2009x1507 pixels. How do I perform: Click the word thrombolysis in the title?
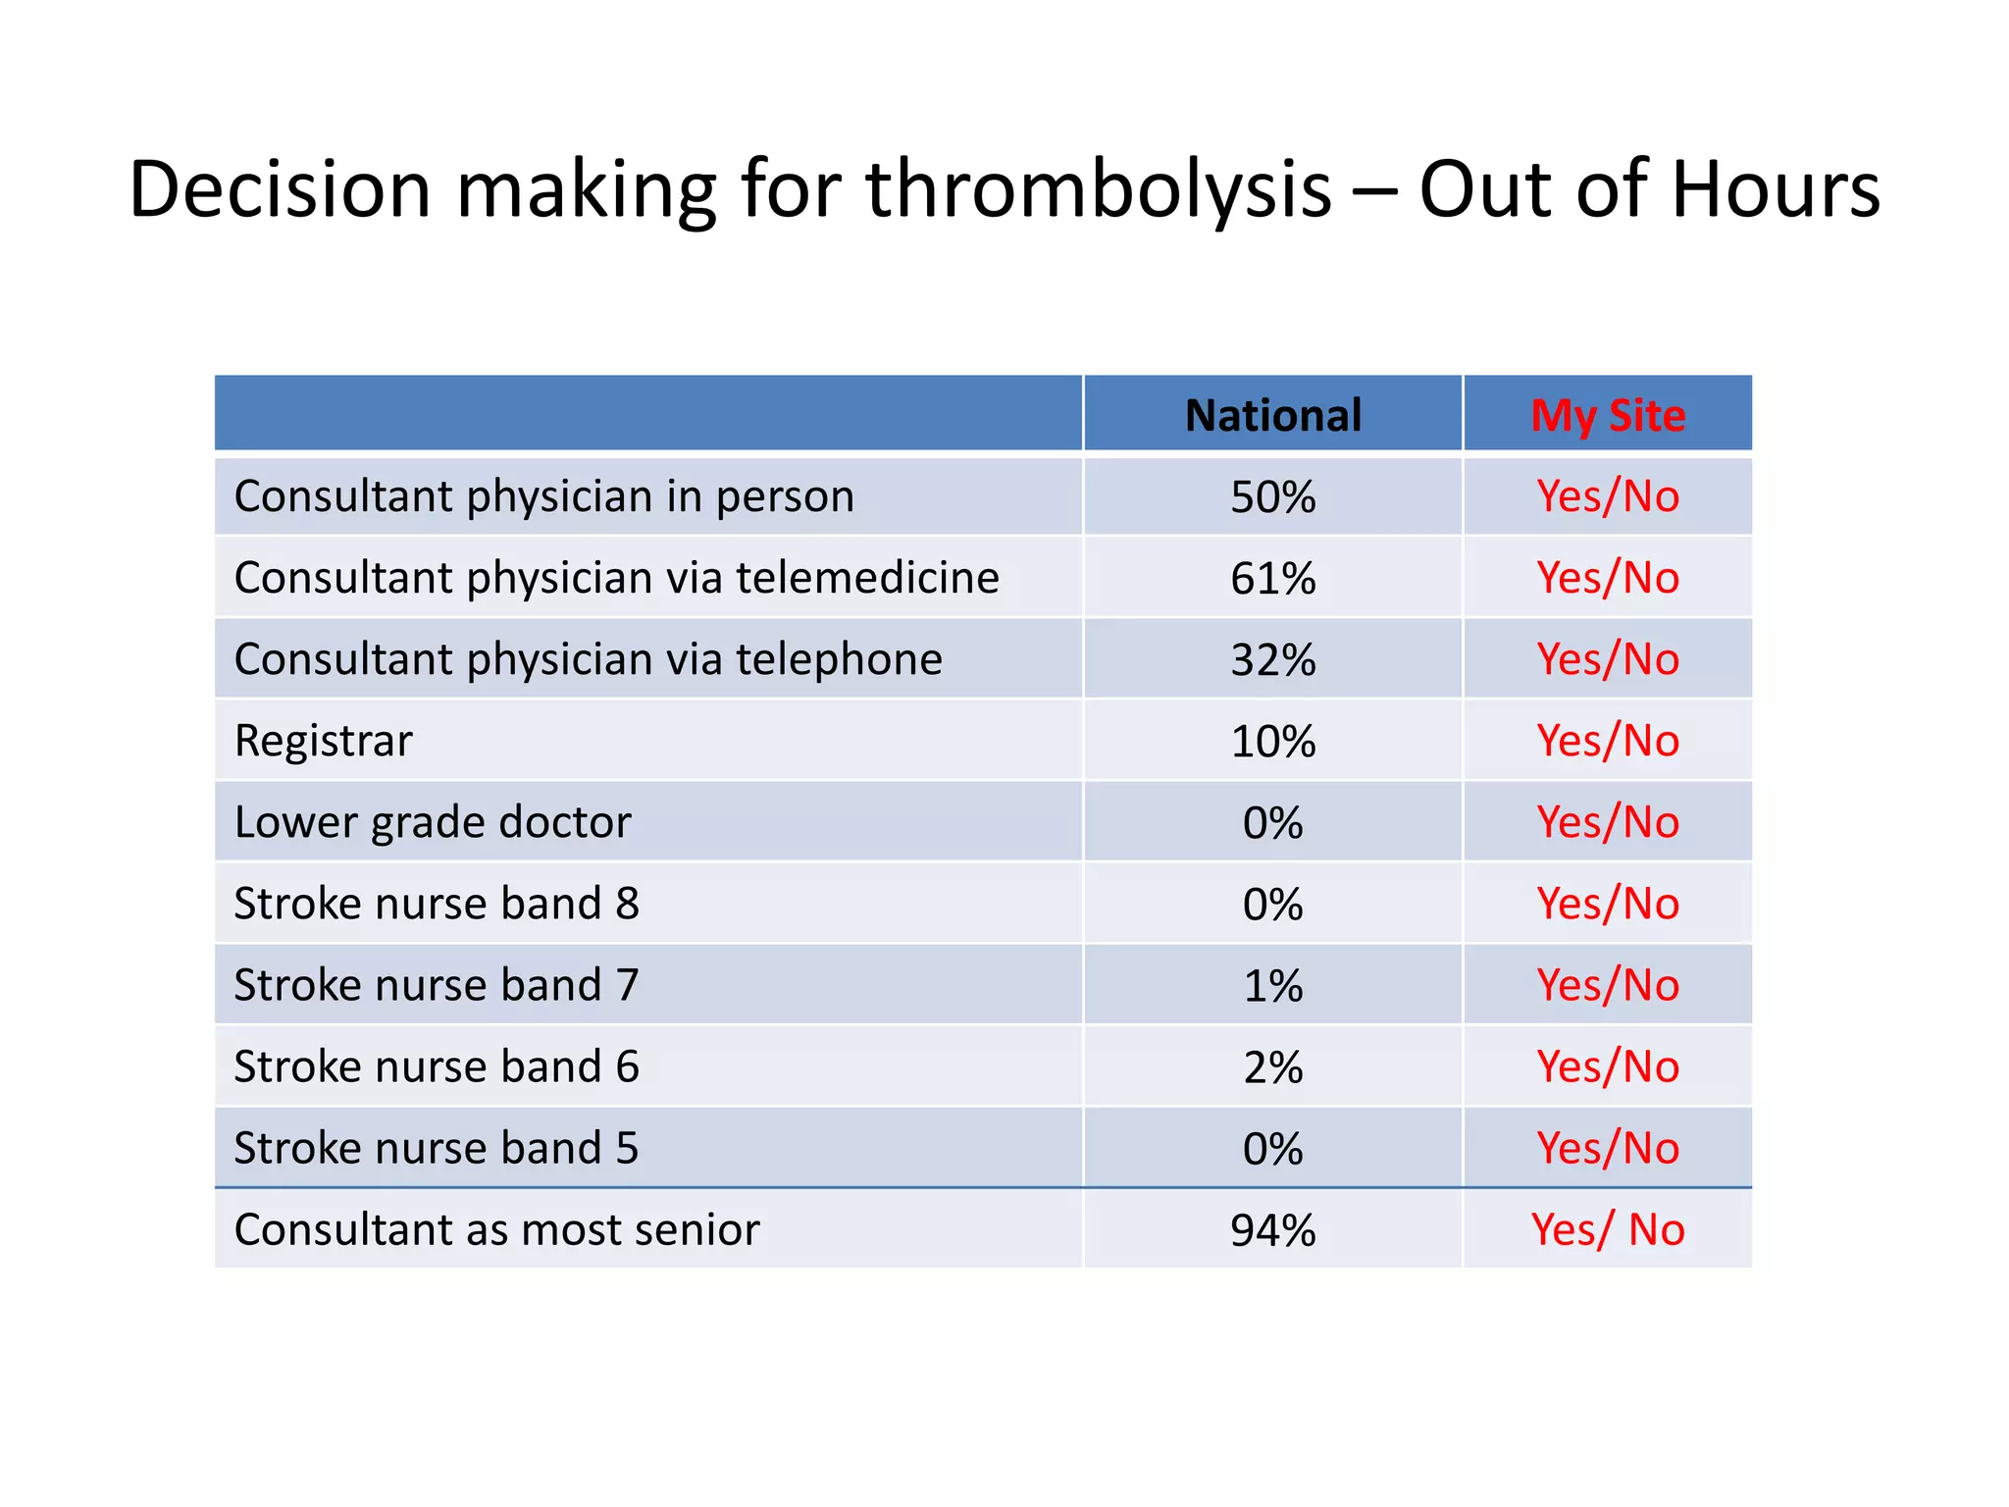click(1098, 189)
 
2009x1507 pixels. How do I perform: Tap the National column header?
click(1272, 415)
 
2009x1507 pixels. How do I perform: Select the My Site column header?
click(1607, 415)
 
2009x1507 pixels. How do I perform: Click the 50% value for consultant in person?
click(1272, 497)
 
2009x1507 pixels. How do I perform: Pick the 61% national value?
click(1272, 579)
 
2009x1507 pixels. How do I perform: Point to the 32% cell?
click(1272, 660)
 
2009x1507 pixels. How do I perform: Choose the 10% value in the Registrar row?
click(1272, 742)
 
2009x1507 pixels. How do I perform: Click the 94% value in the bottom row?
click(1272, 1230)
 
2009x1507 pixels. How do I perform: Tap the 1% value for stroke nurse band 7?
click(1272, 986)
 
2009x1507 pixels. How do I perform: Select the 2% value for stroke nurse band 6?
click(1272, 1067)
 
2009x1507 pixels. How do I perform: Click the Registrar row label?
click(323, 741)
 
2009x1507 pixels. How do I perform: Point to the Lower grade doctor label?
click(433, 822)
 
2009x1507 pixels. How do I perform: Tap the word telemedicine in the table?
click(867, 578)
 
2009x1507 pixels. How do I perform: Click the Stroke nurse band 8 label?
click(437, 904)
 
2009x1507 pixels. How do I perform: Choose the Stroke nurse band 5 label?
click(437, 1148)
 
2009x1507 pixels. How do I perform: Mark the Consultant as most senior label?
click(496, 1229)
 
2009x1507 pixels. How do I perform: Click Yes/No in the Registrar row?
click(1607, 741)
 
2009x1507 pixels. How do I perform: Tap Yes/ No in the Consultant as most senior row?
click(1607, 1229)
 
